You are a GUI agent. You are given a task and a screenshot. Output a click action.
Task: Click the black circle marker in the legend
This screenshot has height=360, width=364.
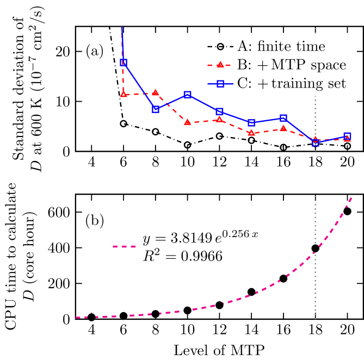[x=220, y=47]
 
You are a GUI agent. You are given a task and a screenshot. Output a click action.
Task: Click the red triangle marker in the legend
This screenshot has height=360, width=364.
[x=220, y=65]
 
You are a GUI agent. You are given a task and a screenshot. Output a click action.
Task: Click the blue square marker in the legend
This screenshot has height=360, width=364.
[x=220, y=84]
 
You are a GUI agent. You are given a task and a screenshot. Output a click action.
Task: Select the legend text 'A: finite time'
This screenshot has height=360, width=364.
[x=281, y=47]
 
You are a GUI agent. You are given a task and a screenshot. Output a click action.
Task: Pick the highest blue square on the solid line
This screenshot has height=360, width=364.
[x=124, y=63]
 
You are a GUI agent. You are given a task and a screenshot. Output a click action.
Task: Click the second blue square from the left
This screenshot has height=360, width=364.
[x=156, y=109]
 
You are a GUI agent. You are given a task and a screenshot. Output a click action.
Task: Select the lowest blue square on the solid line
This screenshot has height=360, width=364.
[x=316, y=142]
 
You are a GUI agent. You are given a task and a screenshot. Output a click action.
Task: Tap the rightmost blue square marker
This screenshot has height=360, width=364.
[x=347, y=136]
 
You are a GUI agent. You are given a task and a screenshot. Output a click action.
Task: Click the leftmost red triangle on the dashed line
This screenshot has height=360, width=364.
[x=124, y=95]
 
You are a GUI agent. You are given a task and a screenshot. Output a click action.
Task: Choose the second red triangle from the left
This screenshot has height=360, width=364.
[x=156, y=92]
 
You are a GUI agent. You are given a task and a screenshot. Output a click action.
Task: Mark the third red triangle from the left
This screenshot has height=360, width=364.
[x=188, y=122]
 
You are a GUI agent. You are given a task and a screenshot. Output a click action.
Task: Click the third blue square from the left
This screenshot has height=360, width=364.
[x=188, y=95]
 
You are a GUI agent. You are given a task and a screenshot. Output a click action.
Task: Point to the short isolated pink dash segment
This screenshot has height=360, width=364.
[x=124, y=247]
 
